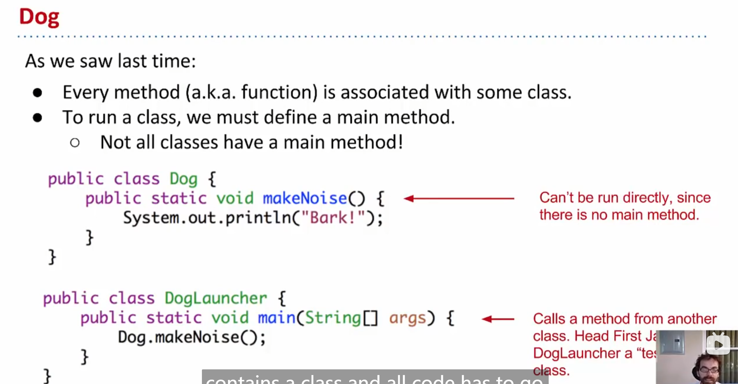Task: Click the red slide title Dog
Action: pos(39,17)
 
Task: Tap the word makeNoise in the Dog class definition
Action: pos(305,198)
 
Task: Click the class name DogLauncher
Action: pos(216,299)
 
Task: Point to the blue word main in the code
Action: pos(277,318)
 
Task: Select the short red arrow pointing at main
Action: pos(498,319)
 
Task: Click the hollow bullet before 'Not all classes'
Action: pos(75,143)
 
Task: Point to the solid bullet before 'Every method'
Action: pos(37,93)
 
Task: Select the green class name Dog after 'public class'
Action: pos(183,179)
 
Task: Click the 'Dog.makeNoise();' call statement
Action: pos(192,337)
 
